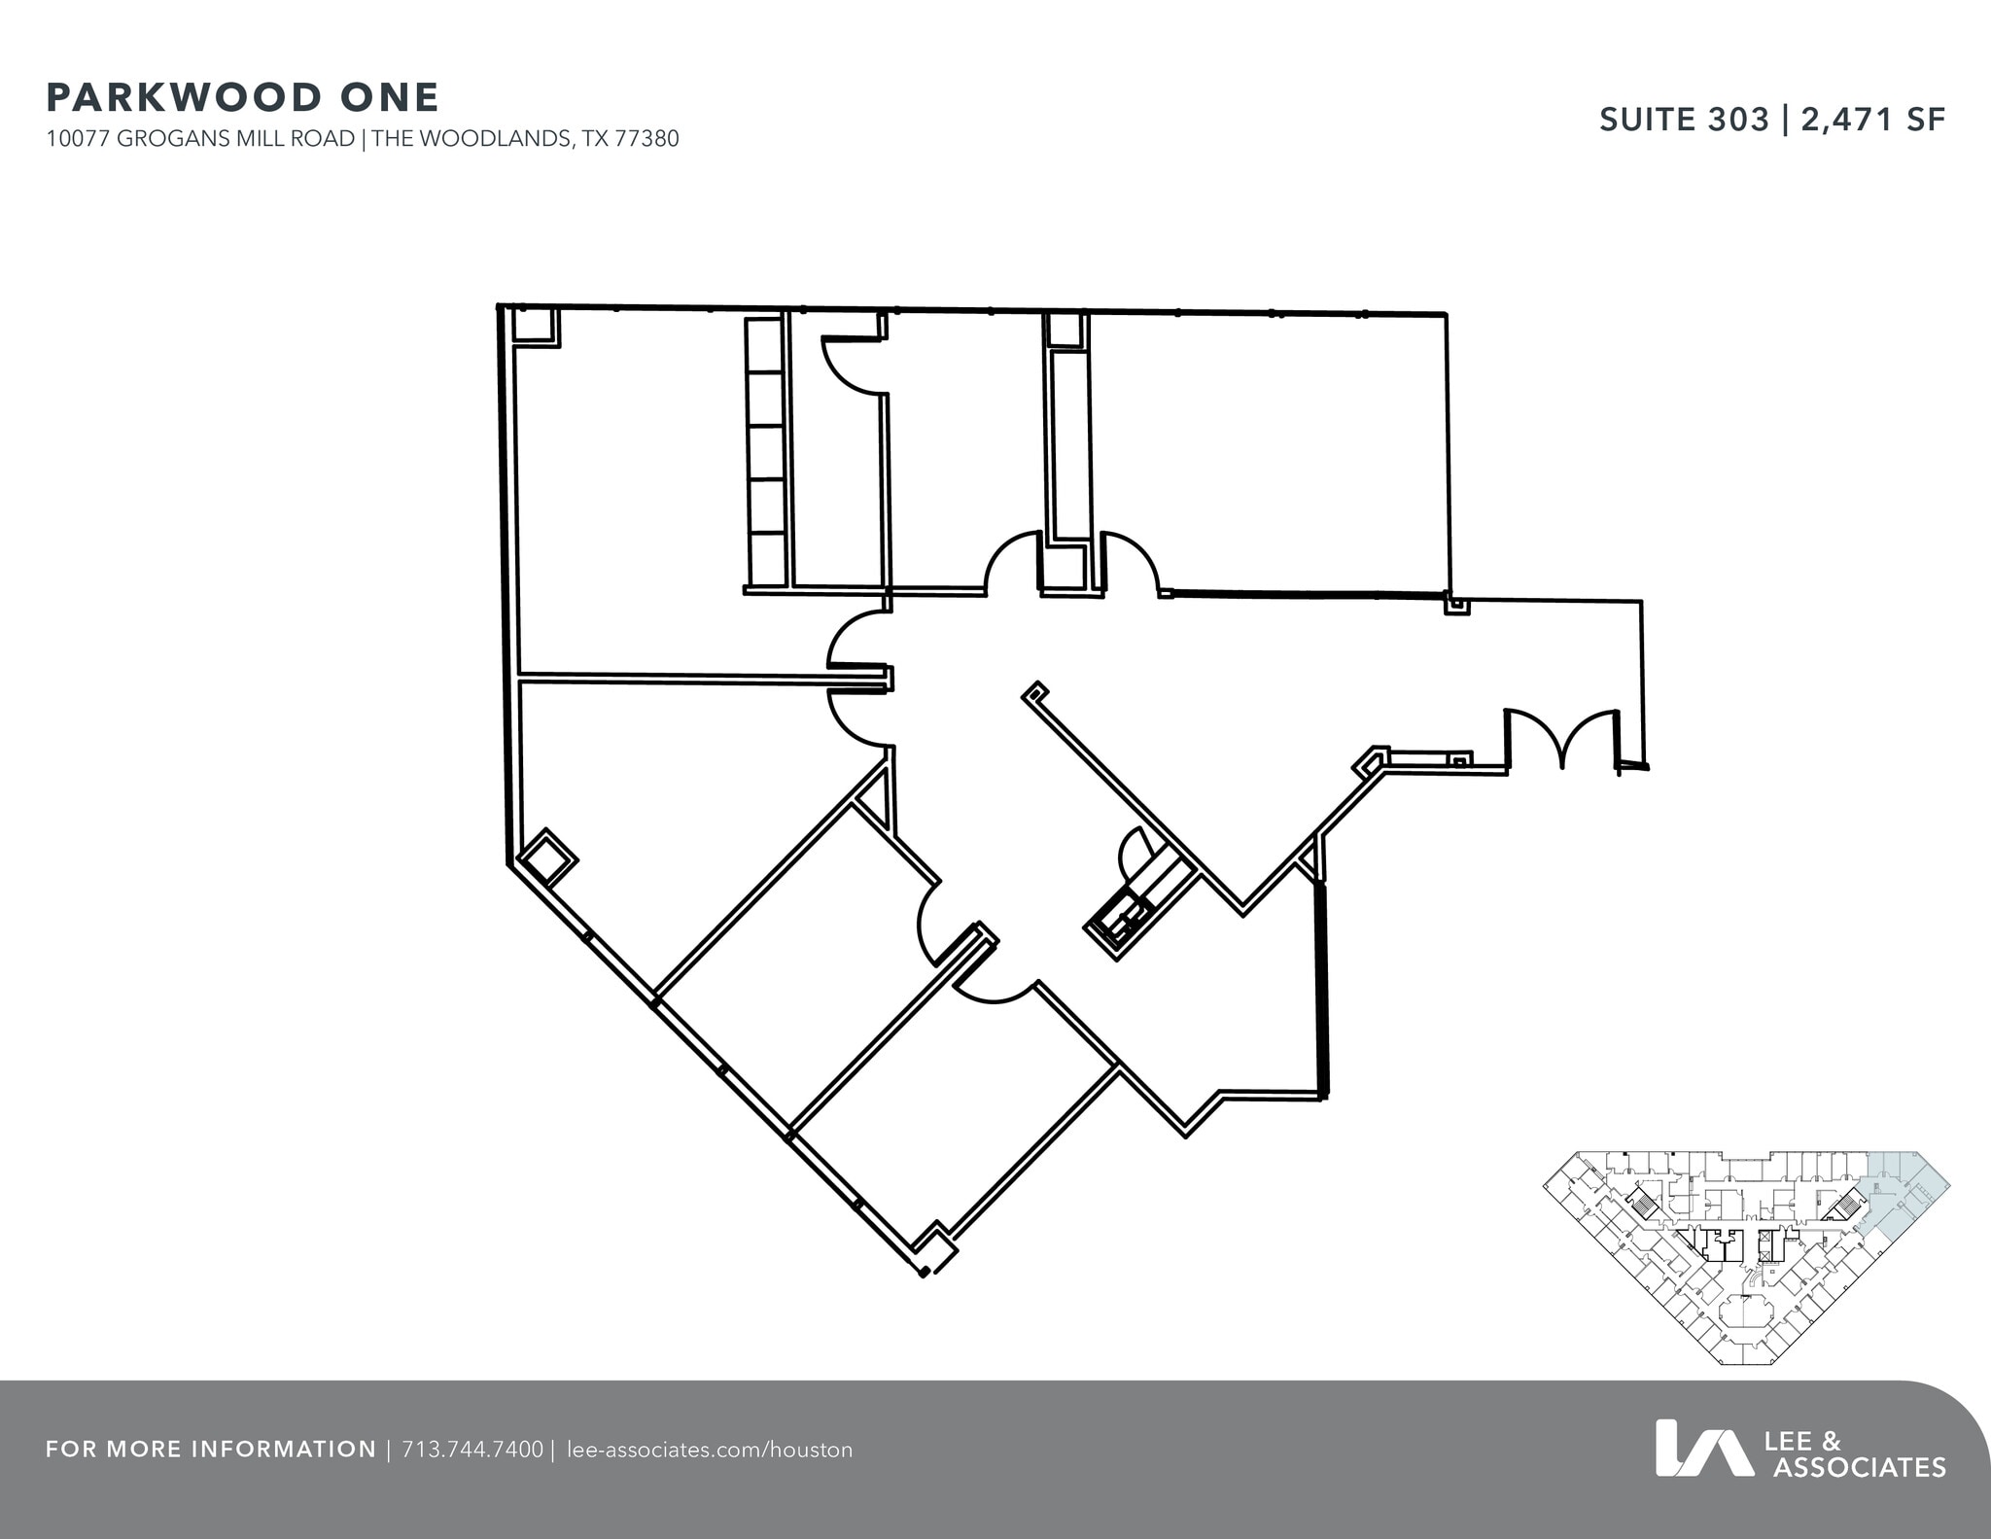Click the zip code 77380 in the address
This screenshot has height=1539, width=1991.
point(646,139)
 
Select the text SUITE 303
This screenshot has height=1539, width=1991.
point(1684,120)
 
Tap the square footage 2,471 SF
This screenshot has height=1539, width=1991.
point(1873,120)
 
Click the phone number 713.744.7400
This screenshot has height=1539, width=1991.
point(472,1450)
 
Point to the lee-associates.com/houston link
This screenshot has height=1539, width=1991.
point(709,1450)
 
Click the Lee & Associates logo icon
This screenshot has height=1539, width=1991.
point(1703,1448)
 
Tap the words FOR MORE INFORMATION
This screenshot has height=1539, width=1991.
point(211,1450)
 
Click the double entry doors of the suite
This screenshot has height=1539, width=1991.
point(1561,739)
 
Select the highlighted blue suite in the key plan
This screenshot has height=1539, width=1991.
point(1904,1195)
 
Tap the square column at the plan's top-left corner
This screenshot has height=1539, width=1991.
point(534,326)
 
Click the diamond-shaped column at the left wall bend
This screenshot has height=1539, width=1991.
point(546,857)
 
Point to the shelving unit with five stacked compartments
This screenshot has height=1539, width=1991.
point(766,452)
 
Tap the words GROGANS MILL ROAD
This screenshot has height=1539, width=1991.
point(235,139)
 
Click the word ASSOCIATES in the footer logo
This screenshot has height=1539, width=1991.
point(1859,1467)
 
